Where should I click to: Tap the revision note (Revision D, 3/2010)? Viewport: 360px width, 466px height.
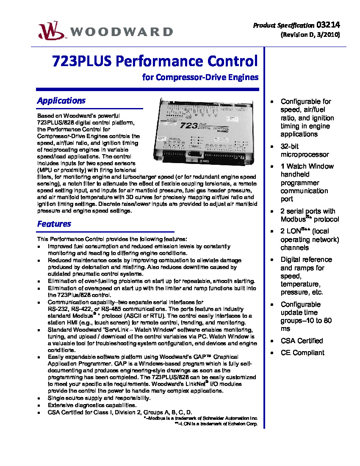point(310,35)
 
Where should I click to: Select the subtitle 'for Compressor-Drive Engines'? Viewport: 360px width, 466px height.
point(200,78)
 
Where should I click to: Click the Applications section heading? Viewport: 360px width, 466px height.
point(61,101)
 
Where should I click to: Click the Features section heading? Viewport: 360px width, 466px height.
point(54,224)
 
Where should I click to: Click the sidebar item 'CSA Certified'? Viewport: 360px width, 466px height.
point(301,341)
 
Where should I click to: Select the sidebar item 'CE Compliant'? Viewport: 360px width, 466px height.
point(302,353)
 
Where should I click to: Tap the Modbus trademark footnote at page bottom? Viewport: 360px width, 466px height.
point(200,418)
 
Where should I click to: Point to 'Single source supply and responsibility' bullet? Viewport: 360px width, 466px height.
point(99,398)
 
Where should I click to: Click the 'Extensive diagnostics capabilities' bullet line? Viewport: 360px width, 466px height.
point(92,405)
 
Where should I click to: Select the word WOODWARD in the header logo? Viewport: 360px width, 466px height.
point(122,32)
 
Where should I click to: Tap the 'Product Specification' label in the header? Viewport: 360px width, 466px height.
point(283,25)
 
